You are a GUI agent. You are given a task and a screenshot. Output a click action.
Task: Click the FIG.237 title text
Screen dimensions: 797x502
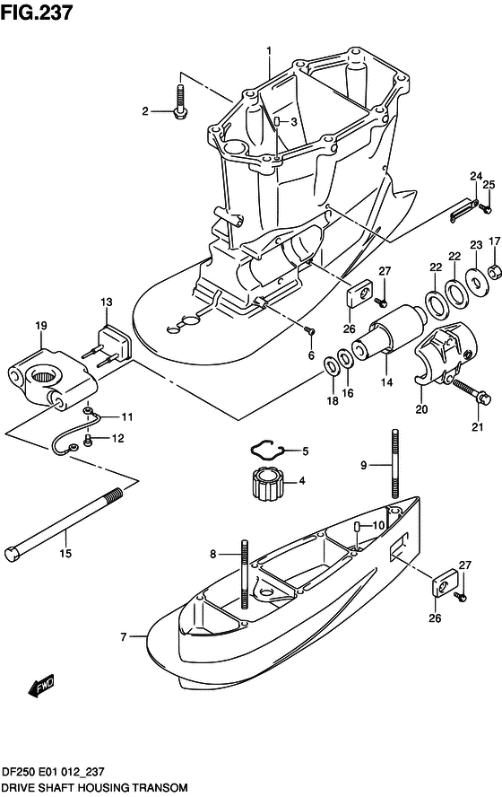pos(37,12)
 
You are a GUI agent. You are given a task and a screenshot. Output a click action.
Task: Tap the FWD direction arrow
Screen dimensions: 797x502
pos(41,687)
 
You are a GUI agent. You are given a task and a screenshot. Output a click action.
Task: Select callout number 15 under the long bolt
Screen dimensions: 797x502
pos(64,555)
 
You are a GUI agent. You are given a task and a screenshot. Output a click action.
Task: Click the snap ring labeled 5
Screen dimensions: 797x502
pos(265,448)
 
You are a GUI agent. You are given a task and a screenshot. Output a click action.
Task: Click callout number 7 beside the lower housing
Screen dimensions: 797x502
pos(125,637)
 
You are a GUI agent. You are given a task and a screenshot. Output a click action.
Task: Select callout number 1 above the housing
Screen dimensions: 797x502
pos(267,49)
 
